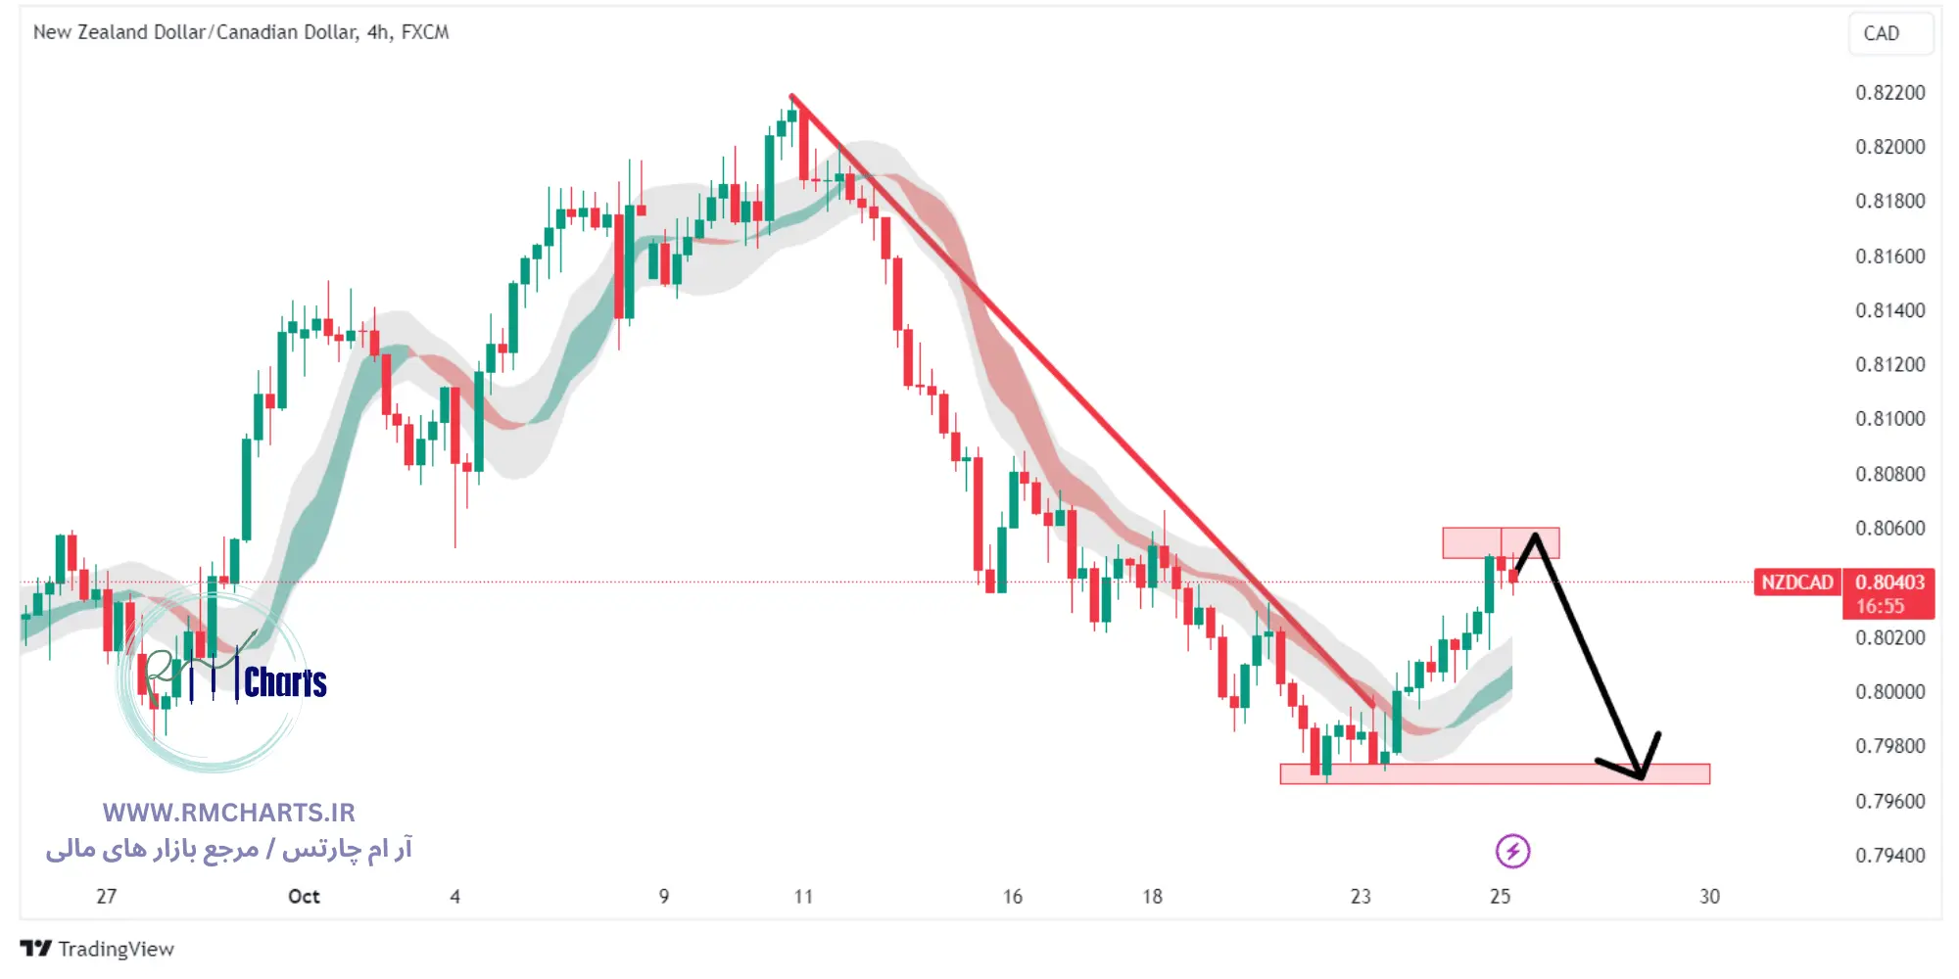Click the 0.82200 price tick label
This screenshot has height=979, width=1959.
click(x=1889, y=93)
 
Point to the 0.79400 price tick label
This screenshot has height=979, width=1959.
click(x=1889, y=856)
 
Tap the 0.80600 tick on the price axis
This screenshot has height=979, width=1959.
click(x=1889, y=529)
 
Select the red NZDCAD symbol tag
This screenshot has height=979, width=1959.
click(x=1796, y=583)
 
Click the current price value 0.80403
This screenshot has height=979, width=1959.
click(x=1889, y=583)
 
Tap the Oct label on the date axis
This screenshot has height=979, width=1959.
click(x=304, y=897)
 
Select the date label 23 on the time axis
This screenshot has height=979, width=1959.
click(x=1361, y=897)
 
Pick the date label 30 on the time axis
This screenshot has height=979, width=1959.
click(x=1709, y=897)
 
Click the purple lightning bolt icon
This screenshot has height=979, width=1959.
click(x=1512, y=852)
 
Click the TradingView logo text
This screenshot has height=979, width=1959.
click(x=115, y=949)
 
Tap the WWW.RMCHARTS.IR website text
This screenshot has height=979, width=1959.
click(x=228, y=813)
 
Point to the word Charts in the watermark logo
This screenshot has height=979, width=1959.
click(x=285, y=682)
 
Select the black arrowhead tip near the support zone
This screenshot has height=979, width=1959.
click(x=1642, y=777)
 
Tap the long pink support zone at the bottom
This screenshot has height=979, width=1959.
click(x=1494, y=774)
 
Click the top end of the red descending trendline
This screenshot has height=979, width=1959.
click(x=791, y=96)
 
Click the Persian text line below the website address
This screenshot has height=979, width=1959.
click(x=228, y=849)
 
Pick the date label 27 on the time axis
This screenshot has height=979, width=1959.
click(x=106, y=897)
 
